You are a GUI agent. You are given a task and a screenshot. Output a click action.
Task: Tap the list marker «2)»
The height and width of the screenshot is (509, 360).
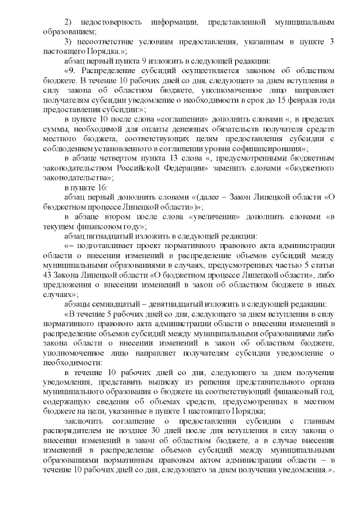click(x=69, y=21)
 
